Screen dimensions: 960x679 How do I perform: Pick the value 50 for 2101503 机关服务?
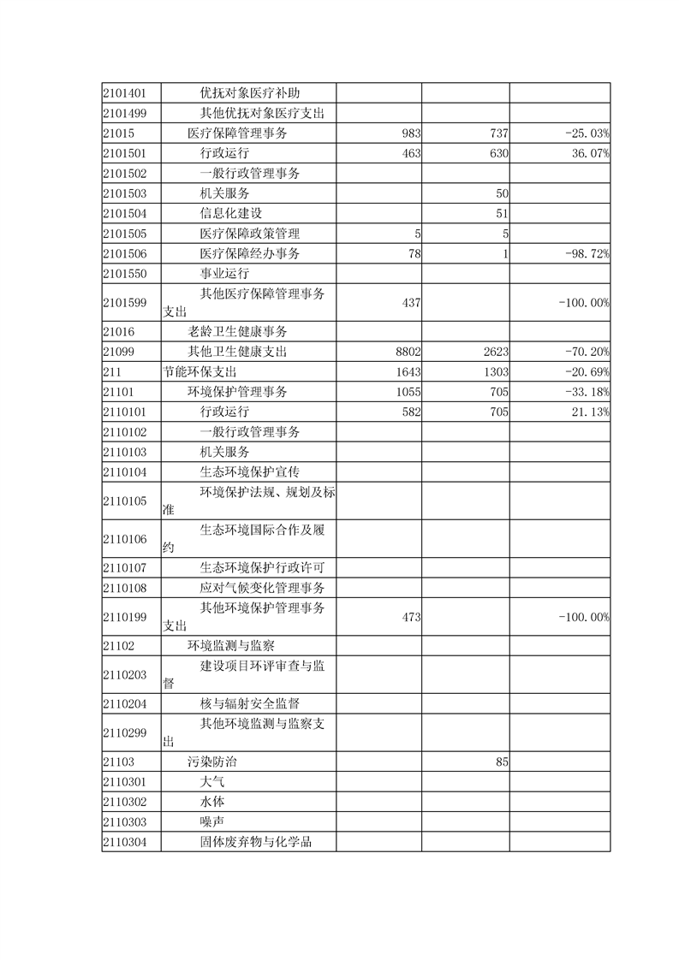pyautogui.click(x=503, y=194)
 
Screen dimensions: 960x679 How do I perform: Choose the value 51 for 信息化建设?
pyautogui.click(x=503, y=214)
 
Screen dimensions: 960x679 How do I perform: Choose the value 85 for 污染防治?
pyautogui.click(x=503, y=760)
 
